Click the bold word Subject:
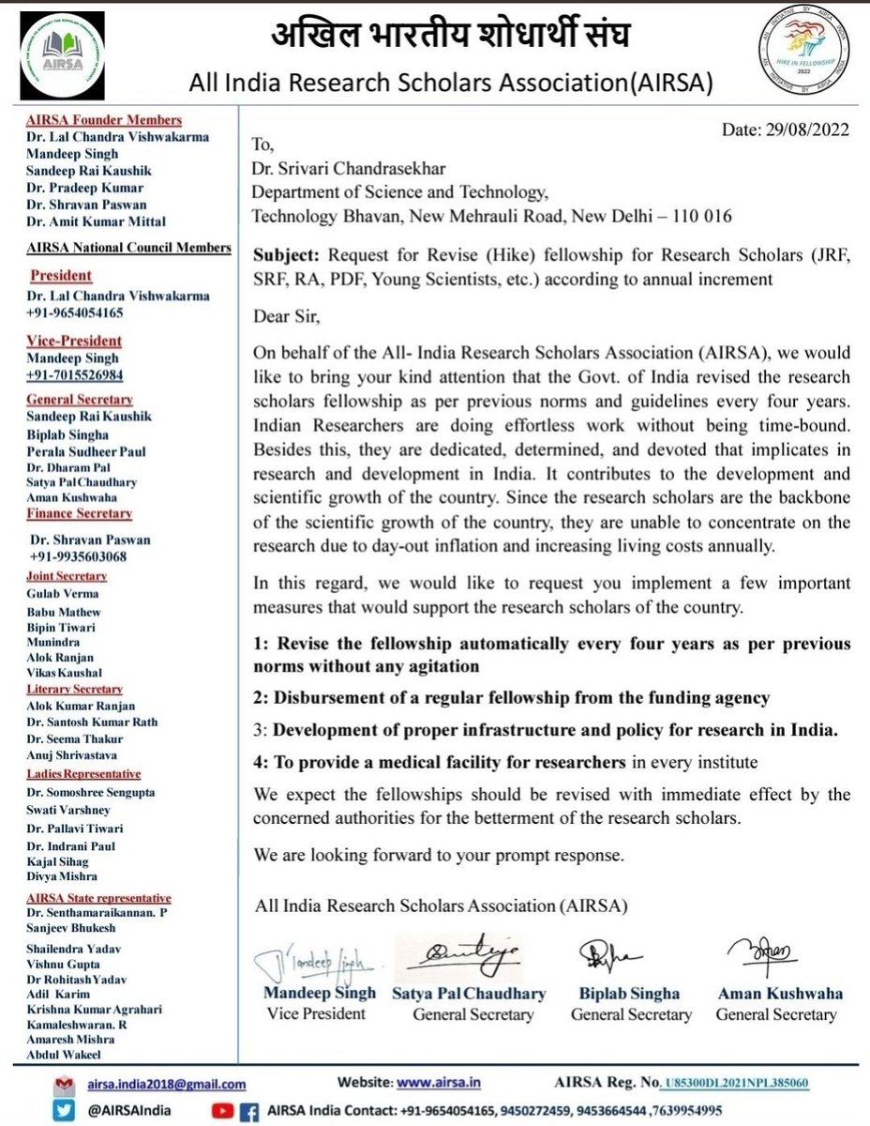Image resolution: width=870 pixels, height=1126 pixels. click(284, 251)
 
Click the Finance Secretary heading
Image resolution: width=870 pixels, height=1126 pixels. click(79, 513)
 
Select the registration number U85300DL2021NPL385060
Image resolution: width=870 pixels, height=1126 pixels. click(734, 1082)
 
